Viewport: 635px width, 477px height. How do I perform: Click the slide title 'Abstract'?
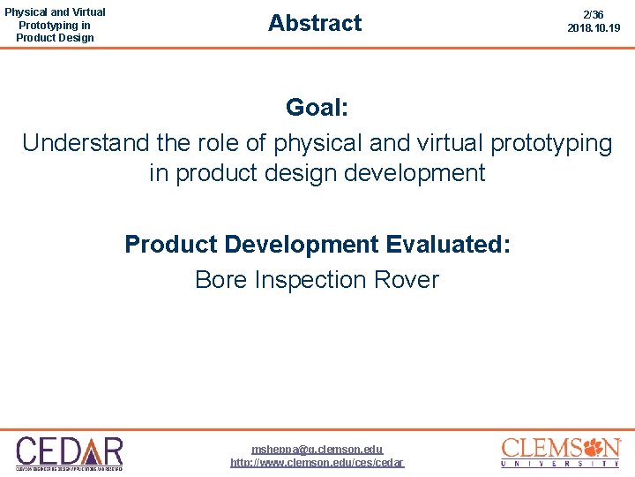click(315, 23)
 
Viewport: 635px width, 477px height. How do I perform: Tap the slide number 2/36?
click(594, 15)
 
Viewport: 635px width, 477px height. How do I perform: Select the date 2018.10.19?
click(594, 28)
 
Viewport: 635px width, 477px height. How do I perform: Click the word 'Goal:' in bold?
click(317, 109)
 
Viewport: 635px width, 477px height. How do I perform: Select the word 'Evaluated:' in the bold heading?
click(447, 244)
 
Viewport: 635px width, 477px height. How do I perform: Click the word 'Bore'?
click(220, 280)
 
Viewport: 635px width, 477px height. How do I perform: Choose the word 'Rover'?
click(407, 280)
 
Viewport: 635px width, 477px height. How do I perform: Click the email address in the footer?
click(317, 450)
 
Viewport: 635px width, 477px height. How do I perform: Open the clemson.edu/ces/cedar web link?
click(317, 462)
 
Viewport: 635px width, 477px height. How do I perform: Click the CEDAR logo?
click(70, 452)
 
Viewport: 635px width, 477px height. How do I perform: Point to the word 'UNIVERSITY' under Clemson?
click(561, 464)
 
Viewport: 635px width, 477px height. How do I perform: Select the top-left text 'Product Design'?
click(55, 38)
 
